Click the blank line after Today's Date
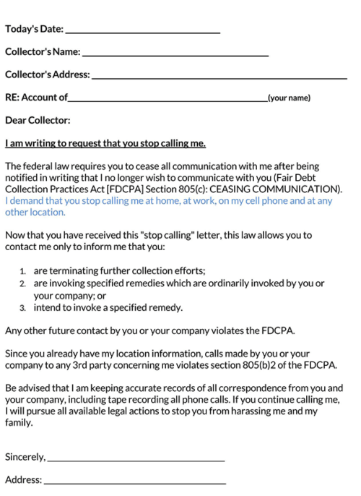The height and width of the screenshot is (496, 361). point(142,32)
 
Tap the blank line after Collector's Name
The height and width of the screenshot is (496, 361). point(175,55)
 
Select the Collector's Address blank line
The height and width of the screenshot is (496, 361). point(219,77)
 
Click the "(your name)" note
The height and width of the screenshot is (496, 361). point(289,98)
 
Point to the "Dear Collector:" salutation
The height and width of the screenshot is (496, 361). point(38,120)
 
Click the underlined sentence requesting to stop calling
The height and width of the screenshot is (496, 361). point(105,143)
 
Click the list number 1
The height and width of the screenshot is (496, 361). point(23,271)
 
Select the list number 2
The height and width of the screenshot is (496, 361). point(23,284)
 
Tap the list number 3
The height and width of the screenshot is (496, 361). point(23,308)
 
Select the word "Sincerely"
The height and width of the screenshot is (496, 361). point(25,457)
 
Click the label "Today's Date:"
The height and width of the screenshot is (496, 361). point(34,30)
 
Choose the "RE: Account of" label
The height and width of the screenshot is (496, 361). point(36,97)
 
